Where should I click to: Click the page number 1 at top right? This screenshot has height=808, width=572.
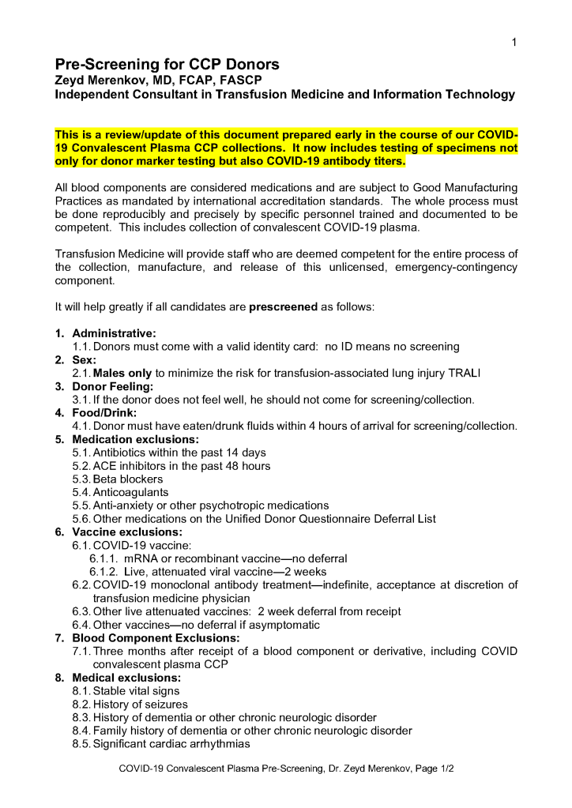click(x=514, y=42)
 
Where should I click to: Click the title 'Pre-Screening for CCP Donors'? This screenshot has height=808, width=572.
click(x=167, y=64)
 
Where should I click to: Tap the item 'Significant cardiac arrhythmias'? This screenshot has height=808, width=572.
click(x=171, y=744)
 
